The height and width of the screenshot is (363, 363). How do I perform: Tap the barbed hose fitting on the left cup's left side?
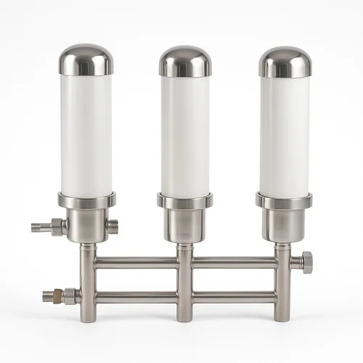tap(45, 226)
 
